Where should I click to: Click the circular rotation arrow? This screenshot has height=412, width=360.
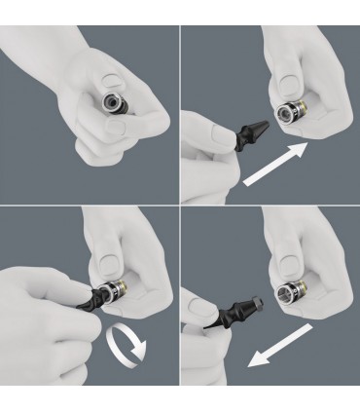[125, 344]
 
